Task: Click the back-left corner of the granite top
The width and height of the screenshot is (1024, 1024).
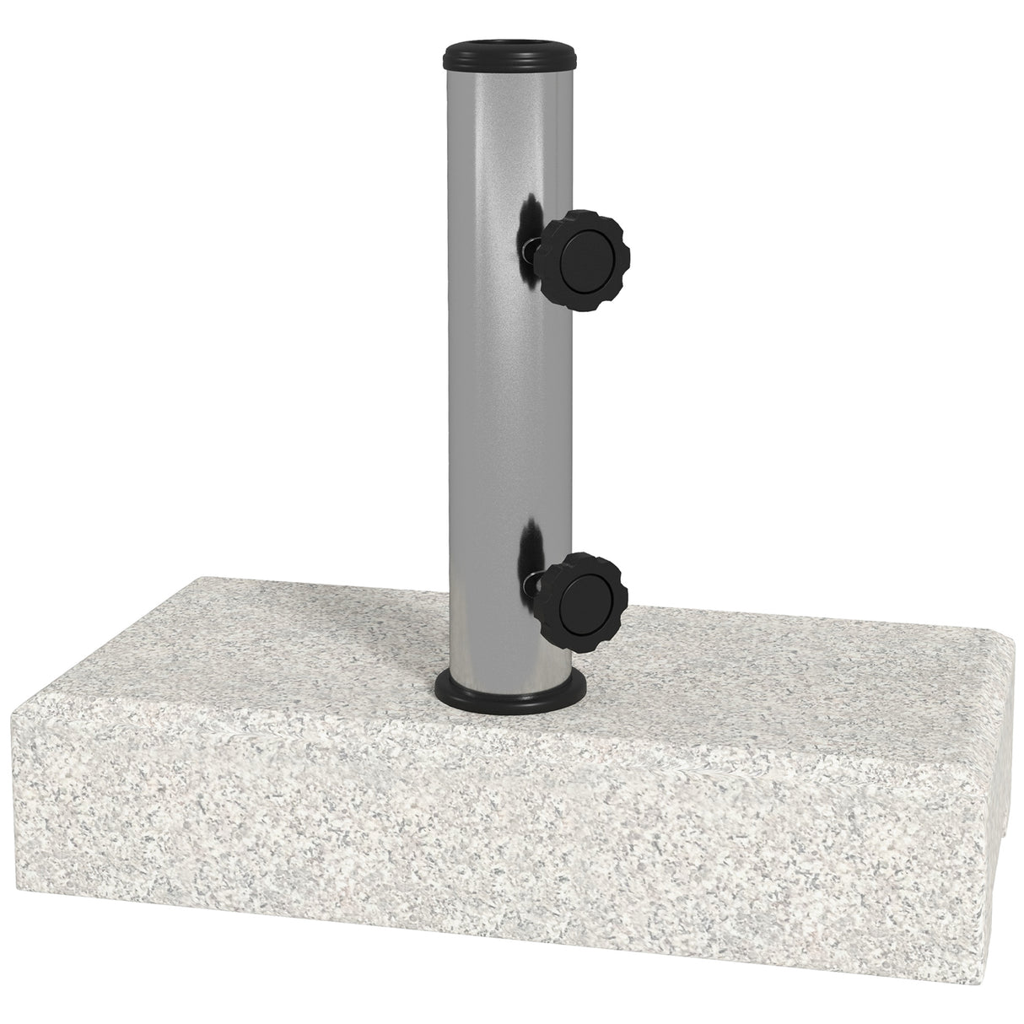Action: pyautogui.click(x=202, y=576)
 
